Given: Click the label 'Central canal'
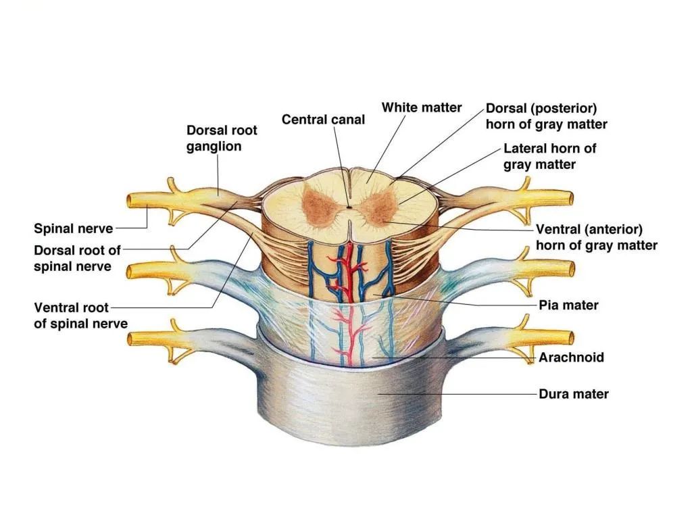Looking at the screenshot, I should (x=323, y=120).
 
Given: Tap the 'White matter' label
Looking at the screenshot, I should (x=422, y=107).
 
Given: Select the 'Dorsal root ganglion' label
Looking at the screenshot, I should (x=222, y=138).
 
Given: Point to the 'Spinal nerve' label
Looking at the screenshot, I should (x=74, y=228).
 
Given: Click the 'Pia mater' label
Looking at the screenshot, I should (x=568, y=305).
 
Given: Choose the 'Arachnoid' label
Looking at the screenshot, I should (x=571, y=357).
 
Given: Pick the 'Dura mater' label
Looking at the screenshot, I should (x=573, y=394).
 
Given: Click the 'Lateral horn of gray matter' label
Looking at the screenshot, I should (x=549, y=156).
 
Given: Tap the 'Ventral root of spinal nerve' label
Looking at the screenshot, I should (x=80, y=316).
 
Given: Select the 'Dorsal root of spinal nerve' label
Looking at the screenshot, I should (x=77, y=258).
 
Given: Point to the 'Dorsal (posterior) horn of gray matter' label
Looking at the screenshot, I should (x=546, y=116).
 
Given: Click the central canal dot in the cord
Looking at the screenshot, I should (x=348, y=207).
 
